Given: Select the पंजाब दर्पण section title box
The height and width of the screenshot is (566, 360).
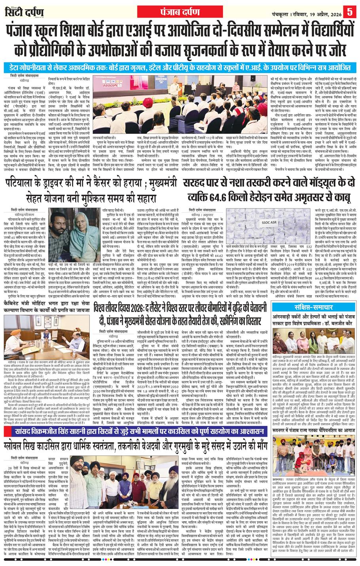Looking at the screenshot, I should tap(180, 11).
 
